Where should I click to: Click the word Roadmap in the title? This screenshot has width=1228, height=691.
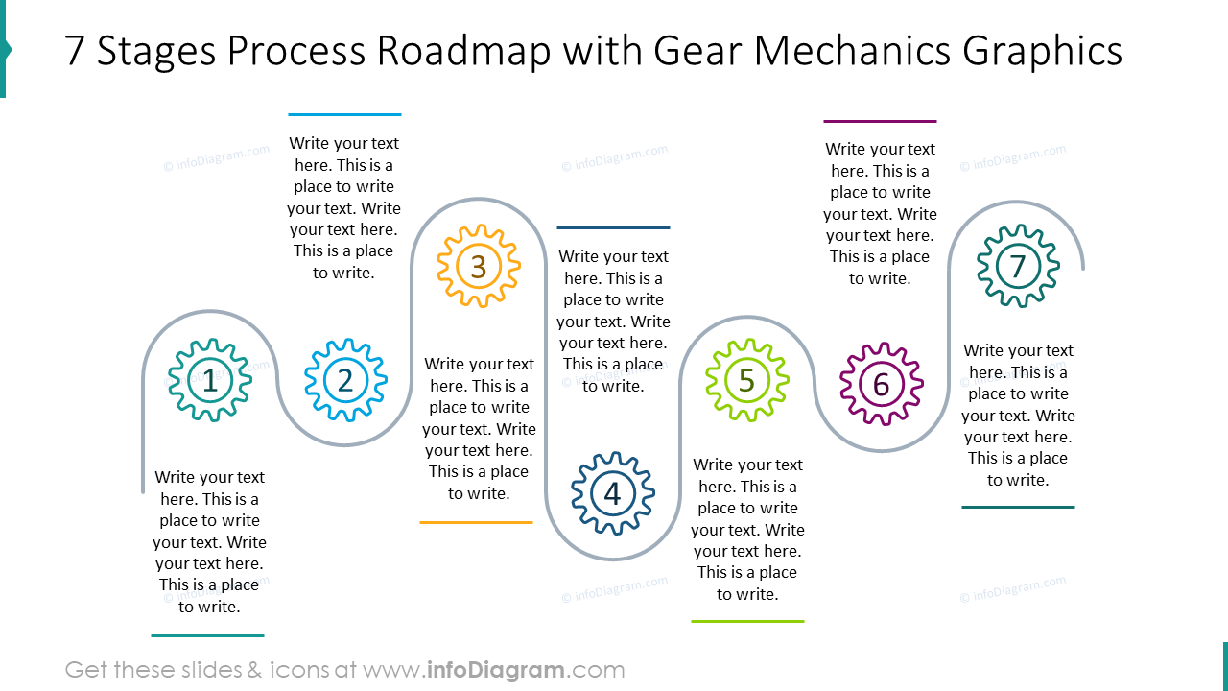coord(463,51)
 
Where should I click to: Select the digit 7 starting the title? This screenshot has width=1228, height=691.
coord(75,51)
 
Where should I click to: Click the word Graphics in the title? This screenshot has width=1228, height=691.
coord(1042,52)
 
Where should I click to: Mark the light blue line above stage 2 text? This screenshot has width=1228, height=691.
coord(344,114)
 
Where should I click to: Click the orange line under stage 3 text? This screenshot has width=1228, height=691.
coord(477,523)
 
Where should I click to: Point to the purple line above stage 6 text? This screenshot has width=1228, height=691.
coord(880,121)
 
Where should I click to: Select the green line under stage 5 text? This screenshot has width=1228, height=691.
coord(747,621)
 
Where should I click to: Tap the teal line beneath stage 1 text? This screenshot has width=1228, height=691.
coord(208,635)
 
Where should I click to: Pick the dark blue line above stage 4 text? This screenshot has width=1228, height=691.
coord(613,227)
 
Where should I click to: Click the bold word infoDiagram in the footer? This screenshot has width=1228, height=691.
coord(496,670)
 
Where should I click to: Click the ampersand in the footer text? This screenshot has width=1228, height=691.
coord(254,670)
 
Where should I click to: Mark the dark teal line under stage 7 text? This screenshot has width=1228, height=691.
coord(1018,508)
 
